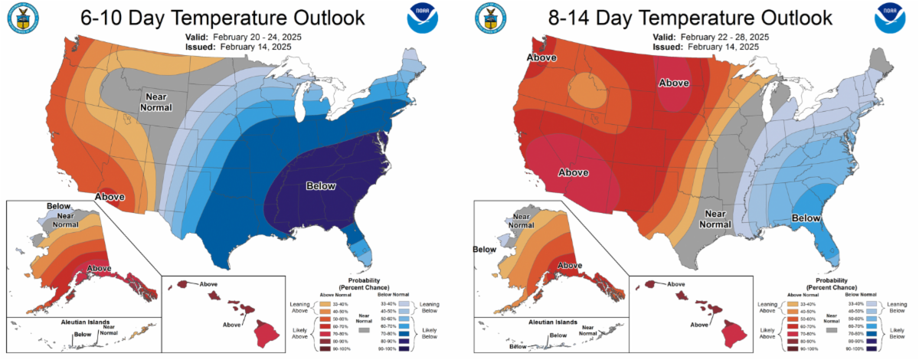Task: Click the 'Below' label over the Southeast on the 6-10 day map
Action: [x=322, y=186]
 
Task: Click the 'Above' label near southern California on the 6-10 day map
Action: [x=110, y=197]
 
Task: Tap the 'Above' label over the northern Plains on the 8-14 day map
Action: [x=675, y=83]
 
